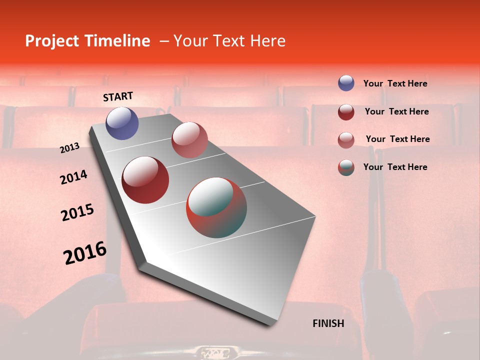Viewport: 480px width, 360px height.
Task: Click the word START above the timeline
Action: (118, 96)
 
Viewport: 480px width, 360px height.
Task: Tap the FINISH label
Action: (328, 323)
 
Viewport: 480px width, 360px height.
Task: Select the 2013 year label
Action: (69, 148)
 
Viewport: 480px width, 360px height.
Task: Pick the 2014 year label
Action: (73, 177)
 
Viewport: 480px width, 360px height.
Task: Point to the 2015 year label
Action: (77, 212)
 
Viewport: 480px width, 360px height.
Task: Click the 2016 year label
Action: (85, 253)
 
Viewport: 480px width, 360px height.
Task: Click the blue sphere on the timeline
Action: (122, 123)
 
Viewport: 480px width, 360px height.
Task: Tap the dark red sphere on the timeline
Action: (145, 180)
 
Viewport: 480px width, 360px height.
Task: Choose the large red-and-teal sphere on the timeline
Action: (216, 207)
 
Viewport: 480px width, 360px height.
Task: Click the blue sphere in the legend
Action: (346, 83)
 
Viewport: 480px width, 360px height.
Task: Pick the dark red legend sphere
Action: (346, 111)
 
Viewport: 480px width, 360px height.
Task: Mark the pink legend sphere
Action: (346, 139)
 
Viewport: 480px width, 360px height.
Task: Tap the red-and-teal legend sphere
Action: (346, 167)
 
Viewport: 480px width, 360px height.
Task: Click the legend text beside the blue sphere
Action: (395, 83)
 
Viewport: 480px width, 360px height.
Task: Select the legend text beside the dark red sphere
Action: (396, 111)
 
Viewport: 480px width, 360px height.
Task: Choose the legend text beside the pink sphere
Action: (397, 139)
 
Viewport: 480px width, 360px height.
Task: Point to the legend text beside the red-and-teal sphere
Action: (395, 167)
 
